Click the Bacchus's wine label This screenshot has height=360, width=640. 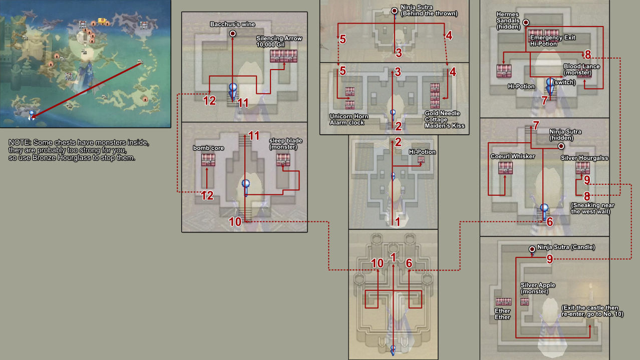point(232,25)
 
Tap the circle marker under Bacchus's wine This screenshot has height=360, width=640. point(233,34)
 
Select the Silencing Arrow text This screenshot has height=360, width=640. point(279,38)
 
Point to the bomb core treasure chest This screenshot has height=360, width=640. point(208,160)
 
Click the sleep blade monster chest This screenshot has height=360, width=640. point(283,160)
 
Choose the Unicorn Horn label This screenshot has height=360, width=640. point(349,116)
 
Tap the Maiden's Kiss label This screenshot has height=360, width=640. point(445,126)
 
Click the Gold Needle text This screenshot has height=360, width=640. point(442,113)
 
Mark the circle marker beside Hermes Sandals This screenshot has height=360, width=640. point(526,23)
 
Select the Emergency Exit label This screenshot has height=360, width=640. point(552,38)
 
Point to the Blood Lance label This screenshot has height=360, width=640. point(581,66)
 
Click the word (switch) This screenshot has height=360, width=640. point(564,82)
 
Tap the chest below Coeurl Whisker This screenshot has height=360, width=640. point(505,168)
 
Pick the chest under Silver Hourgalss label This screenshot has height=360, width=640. point(582,168)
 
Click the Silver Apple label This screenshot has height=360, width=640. point(538,285)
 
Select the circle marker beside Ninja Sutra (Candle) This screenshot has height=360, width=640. point(532,249)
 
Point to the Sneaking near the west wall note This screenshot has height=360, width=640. point(592,208)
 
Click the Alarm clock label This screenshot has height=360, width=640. point(347,123)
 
